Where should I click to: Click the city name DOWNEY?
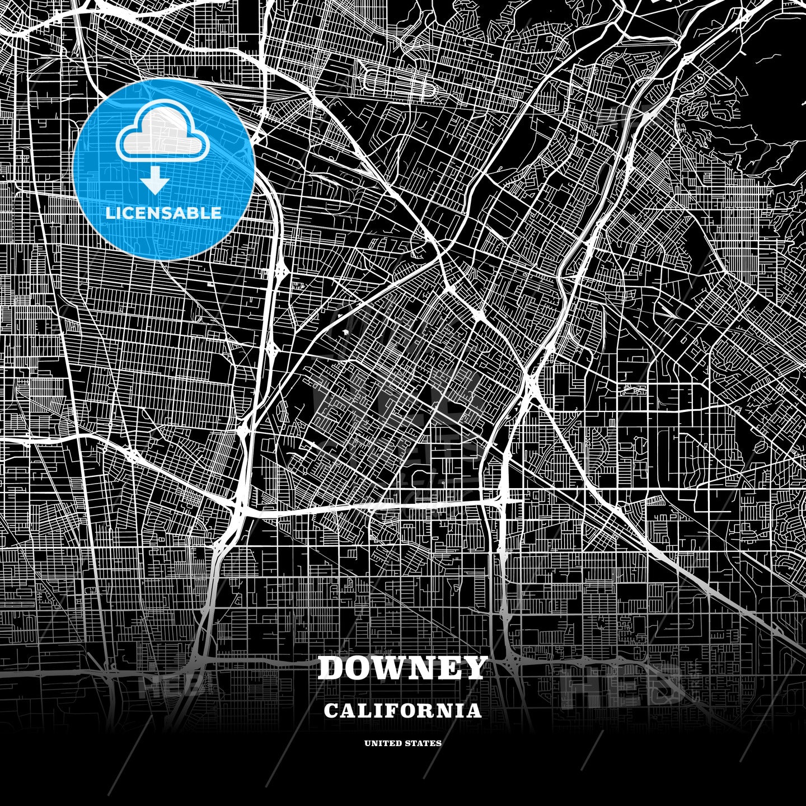tap(402, 668)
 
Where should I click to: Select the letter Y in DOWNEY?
tap(474, 668)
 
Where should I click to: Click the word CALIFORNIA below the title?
tap(402, 711)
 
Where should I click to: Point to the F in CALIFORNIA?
tap(395, 711)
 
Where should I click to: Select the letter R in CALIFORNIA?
tap(428, 711)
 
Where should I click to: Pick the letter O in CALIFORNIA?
tap(411, 711)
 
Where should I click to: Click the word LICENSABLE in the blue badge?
tap(163, 213)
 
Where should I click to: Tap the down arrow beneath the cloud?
tap(155, 181)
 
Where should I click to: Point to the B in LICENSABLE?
tap(193, 213)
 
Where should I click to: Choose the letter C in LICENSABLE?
tap(130, 213)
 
